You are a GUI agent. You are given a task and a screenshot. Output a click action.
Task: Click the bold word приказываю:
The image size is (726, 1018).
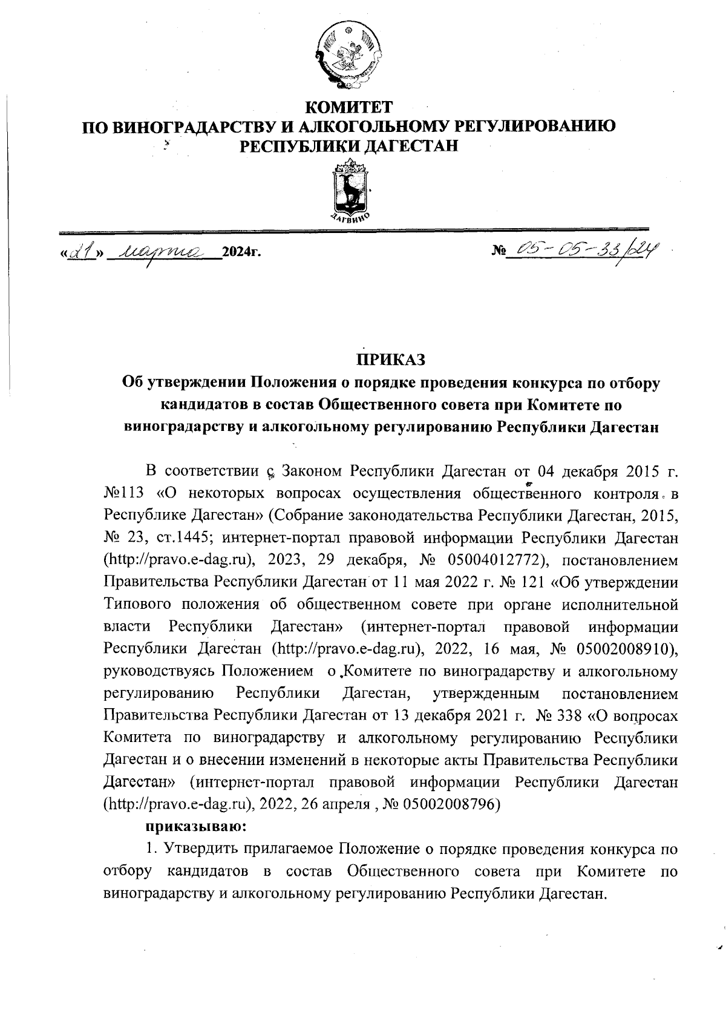(x=194, y=826)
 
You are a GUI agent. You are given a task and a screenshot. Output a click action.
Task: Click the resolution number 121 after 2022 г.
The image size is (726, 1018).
(x=535, y=582)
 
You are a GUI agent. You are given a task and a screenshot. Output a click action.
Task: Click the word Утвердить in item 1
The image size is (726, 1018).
(x=189, y=849)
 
